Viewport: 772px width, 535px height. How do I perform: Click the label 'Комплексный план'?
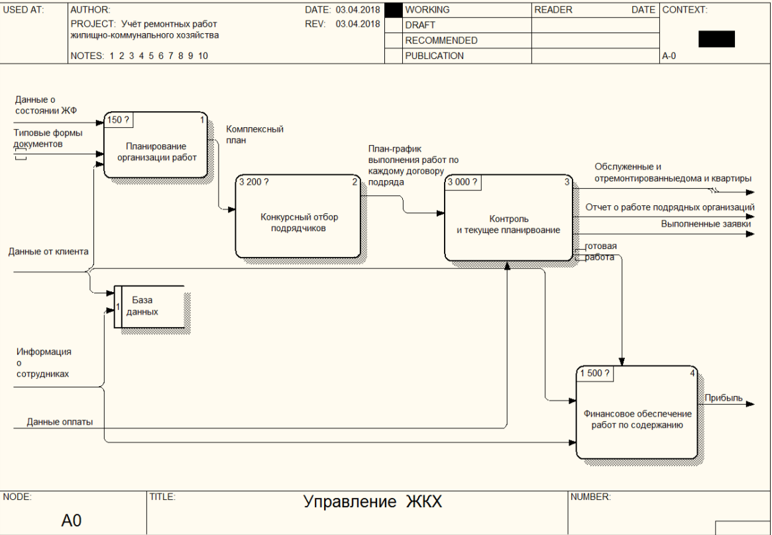pyautogui.click(x=255, y=134)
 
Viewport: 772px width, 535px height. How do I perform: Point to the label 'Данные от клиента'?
pyautogui.click(x=48, y=252)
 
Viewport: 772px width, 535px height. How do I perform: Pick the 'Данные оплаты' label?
pyautogui.click(x=60, y=421)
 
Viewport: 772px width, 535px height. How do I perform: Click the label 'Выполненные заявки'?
pyautogui.click(x=706, y=224)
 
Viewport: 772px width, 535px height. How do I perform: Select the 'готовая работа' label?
pyautogui.click(x=600, y=252)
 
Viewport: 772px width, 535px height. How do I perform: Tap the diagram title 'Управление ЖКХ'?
pyautogui.click(x=372, y=502)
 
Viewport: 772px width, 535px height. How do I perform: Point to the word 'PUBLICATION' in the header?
pyautogui.click(x=434, y=56)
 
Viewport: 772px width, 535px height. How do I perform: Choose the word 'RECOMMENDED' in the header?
pyautogui.click(x=441, y=40)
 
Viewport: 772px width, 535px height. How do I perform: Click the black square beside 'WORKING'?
pyautogui.click(x=394, y=11)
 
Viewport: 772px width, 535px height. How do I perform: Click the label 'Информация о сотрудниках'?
pyautogui.click(x=43, y=363)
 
